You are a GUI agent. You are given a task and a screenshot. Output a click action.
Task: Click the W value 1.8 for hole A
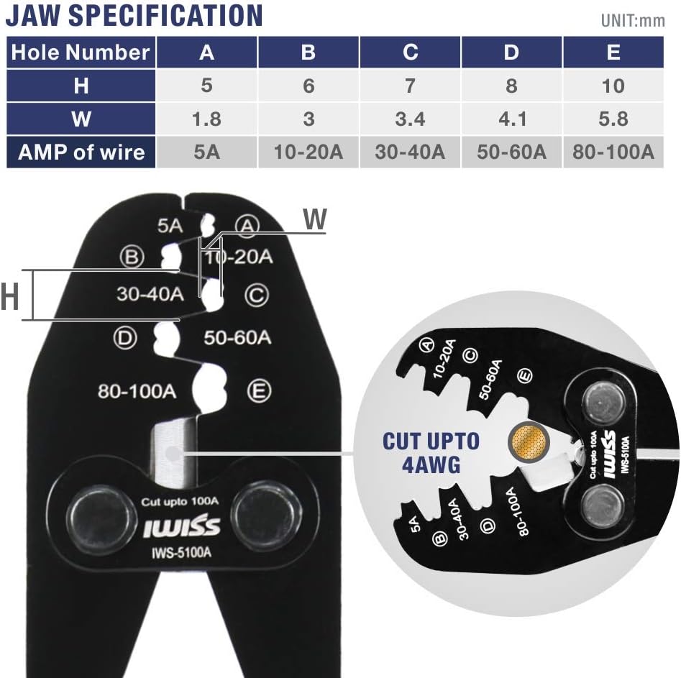pos(206,119)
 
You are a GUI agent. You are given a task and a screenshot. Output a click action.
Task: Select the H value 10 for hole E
pos(613,86)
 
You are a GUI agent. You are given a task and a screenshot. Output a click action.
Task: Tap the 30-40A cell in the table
pos(410,152)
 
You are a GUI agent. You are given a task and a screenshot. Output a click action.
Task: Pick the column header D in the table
pos(511,52)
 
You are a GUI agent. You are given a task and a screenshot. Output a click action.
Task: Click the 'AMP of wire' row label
pos(81,152)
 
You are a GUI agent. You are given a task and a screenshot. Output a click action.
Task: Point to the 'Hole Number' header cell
pos(81,52)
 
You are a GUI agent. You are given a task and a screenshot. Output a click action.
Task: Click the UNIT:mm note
pos(633,20)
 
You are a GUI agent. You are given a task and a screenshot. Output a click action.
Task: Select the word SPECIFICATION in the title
pos(165,15)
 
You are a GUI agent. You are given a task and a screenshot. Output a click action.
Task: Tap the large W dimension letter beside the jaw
pos(315,219)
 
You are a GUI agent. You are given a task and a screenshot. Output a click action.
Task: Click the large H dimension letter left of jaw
pos(9,296)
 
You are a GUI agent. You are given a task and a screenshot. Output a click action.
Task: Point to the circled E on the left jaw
pos(260,391)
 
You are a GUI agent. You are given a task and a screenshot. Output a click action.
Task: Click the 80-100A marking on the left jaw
pos(137,391)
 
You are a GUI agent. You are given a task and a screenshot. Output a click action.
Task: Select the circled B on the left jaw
pos(132,257)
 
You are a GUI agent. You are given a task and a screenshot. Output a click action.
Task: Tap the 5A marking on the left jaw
pos(170,226)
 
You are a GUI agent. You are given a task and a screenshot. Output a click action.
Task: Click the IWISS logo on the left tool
pos(181,526)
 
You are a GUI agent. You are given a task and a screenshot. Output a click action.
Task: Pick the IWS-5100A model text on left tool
pos(181,552)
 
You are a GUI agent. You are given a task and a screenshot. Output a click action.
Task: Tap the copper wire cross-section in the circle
pos(529,442)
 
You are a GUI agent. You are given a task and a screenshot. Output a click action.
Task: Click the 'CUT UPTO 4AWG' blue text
pos(431,452)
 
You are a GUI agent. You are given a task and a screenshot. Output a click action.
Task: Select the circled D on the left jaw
pos(125,338)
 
